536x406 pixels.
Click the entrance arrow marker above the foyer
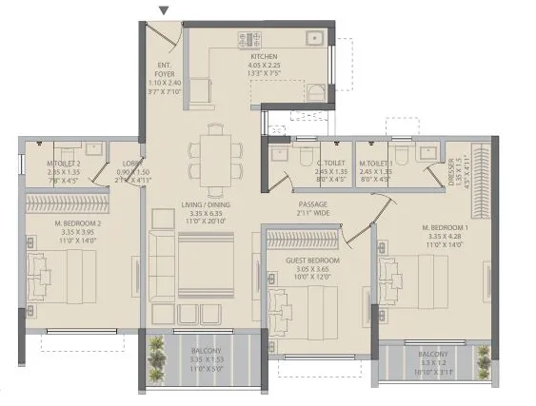pyautogui.click(x=165, y=11)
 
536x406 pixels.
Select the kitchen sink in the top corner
pyautogui.click(x=313, y=39)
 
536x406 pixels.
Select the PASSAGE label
pyautogui.click(x=312, y=204)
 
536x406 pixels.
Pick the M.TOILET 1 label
pyautogui.click(x=375, y=163)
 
